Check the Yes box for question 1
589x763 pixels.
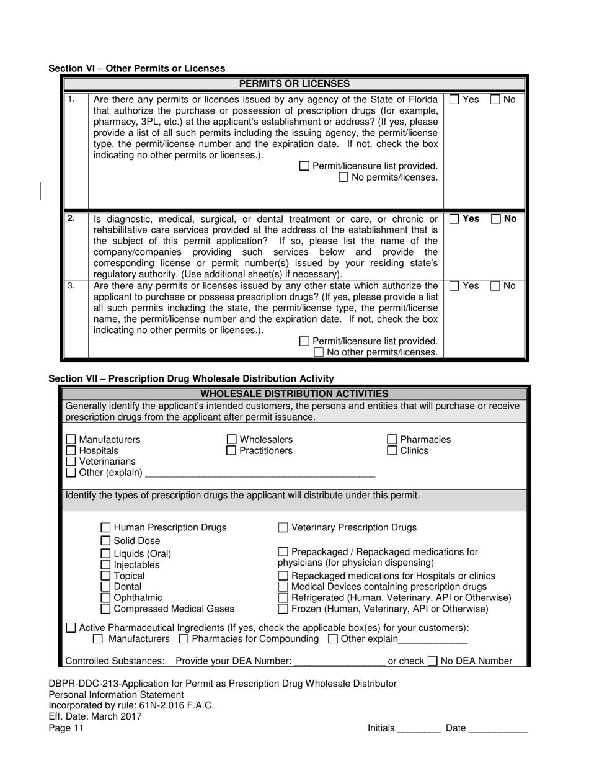tap(454, 99)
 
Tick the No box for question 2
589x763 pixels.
tap(497, 219)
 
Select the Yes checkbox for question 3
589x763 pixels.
tap(454, 286)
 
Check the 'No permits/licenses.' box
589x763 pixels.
tap(343, 177)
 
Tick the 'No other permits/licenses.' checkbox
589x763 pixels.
tap(319, 352)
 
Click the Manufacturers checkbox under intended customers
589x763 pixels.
tap(71, 440)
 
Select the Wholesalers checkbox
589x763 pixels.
tap(231, 440)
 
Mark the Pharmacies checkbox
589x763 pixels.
tap(392, 440)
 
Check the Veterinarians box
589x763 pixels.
tap(71, 462)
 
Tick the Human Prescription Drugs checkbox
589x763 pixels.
tap(106, 528)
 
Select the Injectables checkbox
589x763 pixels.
tap(106, 565)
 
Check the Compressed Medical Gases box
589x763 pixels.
tap(106, 609)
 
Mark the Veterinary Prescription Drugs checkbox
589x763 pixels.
tap(283, 528)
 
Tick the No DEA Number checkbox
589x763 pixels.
tap(433, 661)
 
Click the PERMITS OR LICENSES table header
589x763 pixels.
tap(294, 84)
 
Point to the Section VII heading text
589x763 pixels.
tap(191, 378)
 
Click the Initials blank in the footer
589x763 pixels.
tap(418, 728)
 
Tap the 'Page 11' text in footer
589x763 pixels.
tap(66, 728)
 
